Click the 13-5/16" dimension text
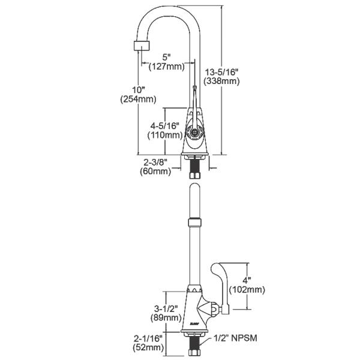tap(222, 71)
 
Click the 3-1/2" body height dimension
tap(166, 308)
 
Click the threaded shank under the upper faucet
tap(194, 167)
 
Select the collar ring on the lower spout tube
tap(194, 223)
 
